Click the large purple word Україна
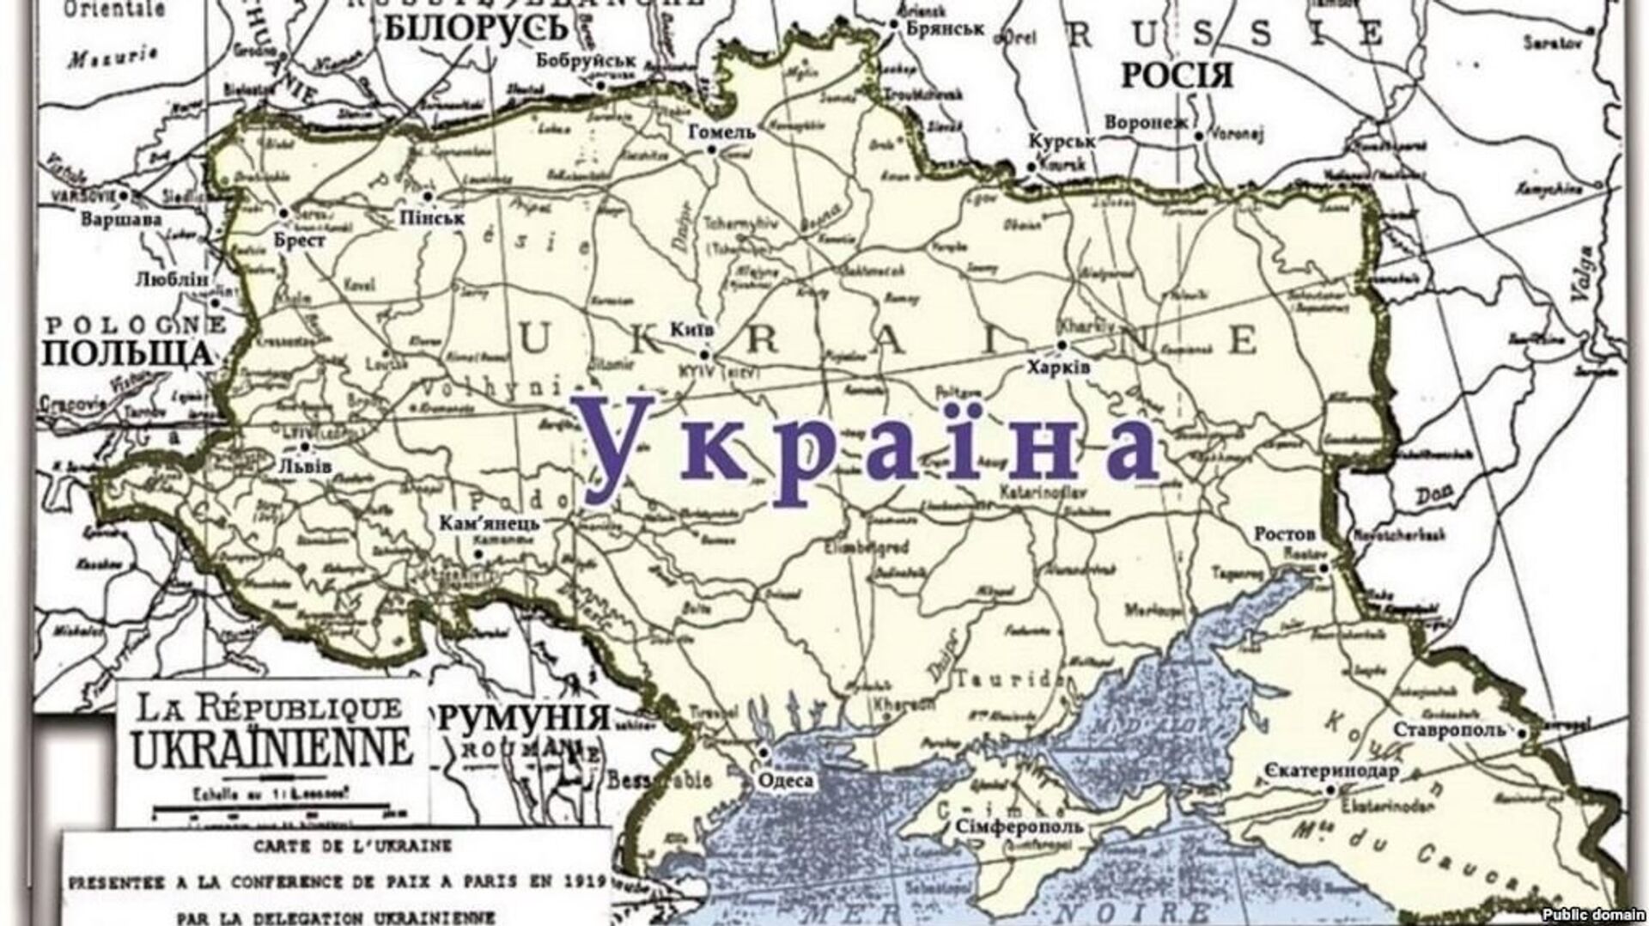point(871,448)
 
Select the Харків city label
point(1059,367)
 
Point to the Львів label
point(305,466)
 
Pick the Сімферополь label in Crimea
point(1019,826)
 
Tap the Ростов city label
point(1285,533)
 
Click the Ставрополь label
point(1449,730)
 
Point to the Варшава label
point(121,219)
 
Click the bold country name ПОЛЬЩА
point(127,353)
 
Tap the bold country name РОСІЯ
point(1177,76)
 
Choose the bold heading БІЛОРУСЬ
point(476,29)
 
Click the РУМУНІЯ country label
point(524,717)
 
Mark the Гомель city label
point(721,131)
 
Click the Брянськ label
point(945,28)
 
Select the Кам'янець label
point(490,523)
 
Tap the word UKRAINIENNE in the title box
point(272,749)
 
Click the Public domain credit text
point(1593,915)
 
